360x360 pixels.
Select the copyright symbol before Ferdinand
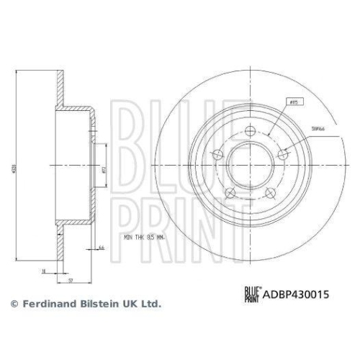pyautogui.click(x=13, y=305)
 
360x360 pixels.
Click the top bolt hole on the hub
pyautogui.click(x=250, y=130)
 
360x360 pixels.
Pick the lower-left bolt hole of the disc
pyautogui.click(x=230, y=192)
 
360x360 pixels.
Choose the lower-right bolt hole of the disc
pyautogui.click(x=271, y=192)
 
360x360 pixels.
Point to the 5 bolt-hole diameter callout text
pyautogui.click(x=315, y=127)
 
